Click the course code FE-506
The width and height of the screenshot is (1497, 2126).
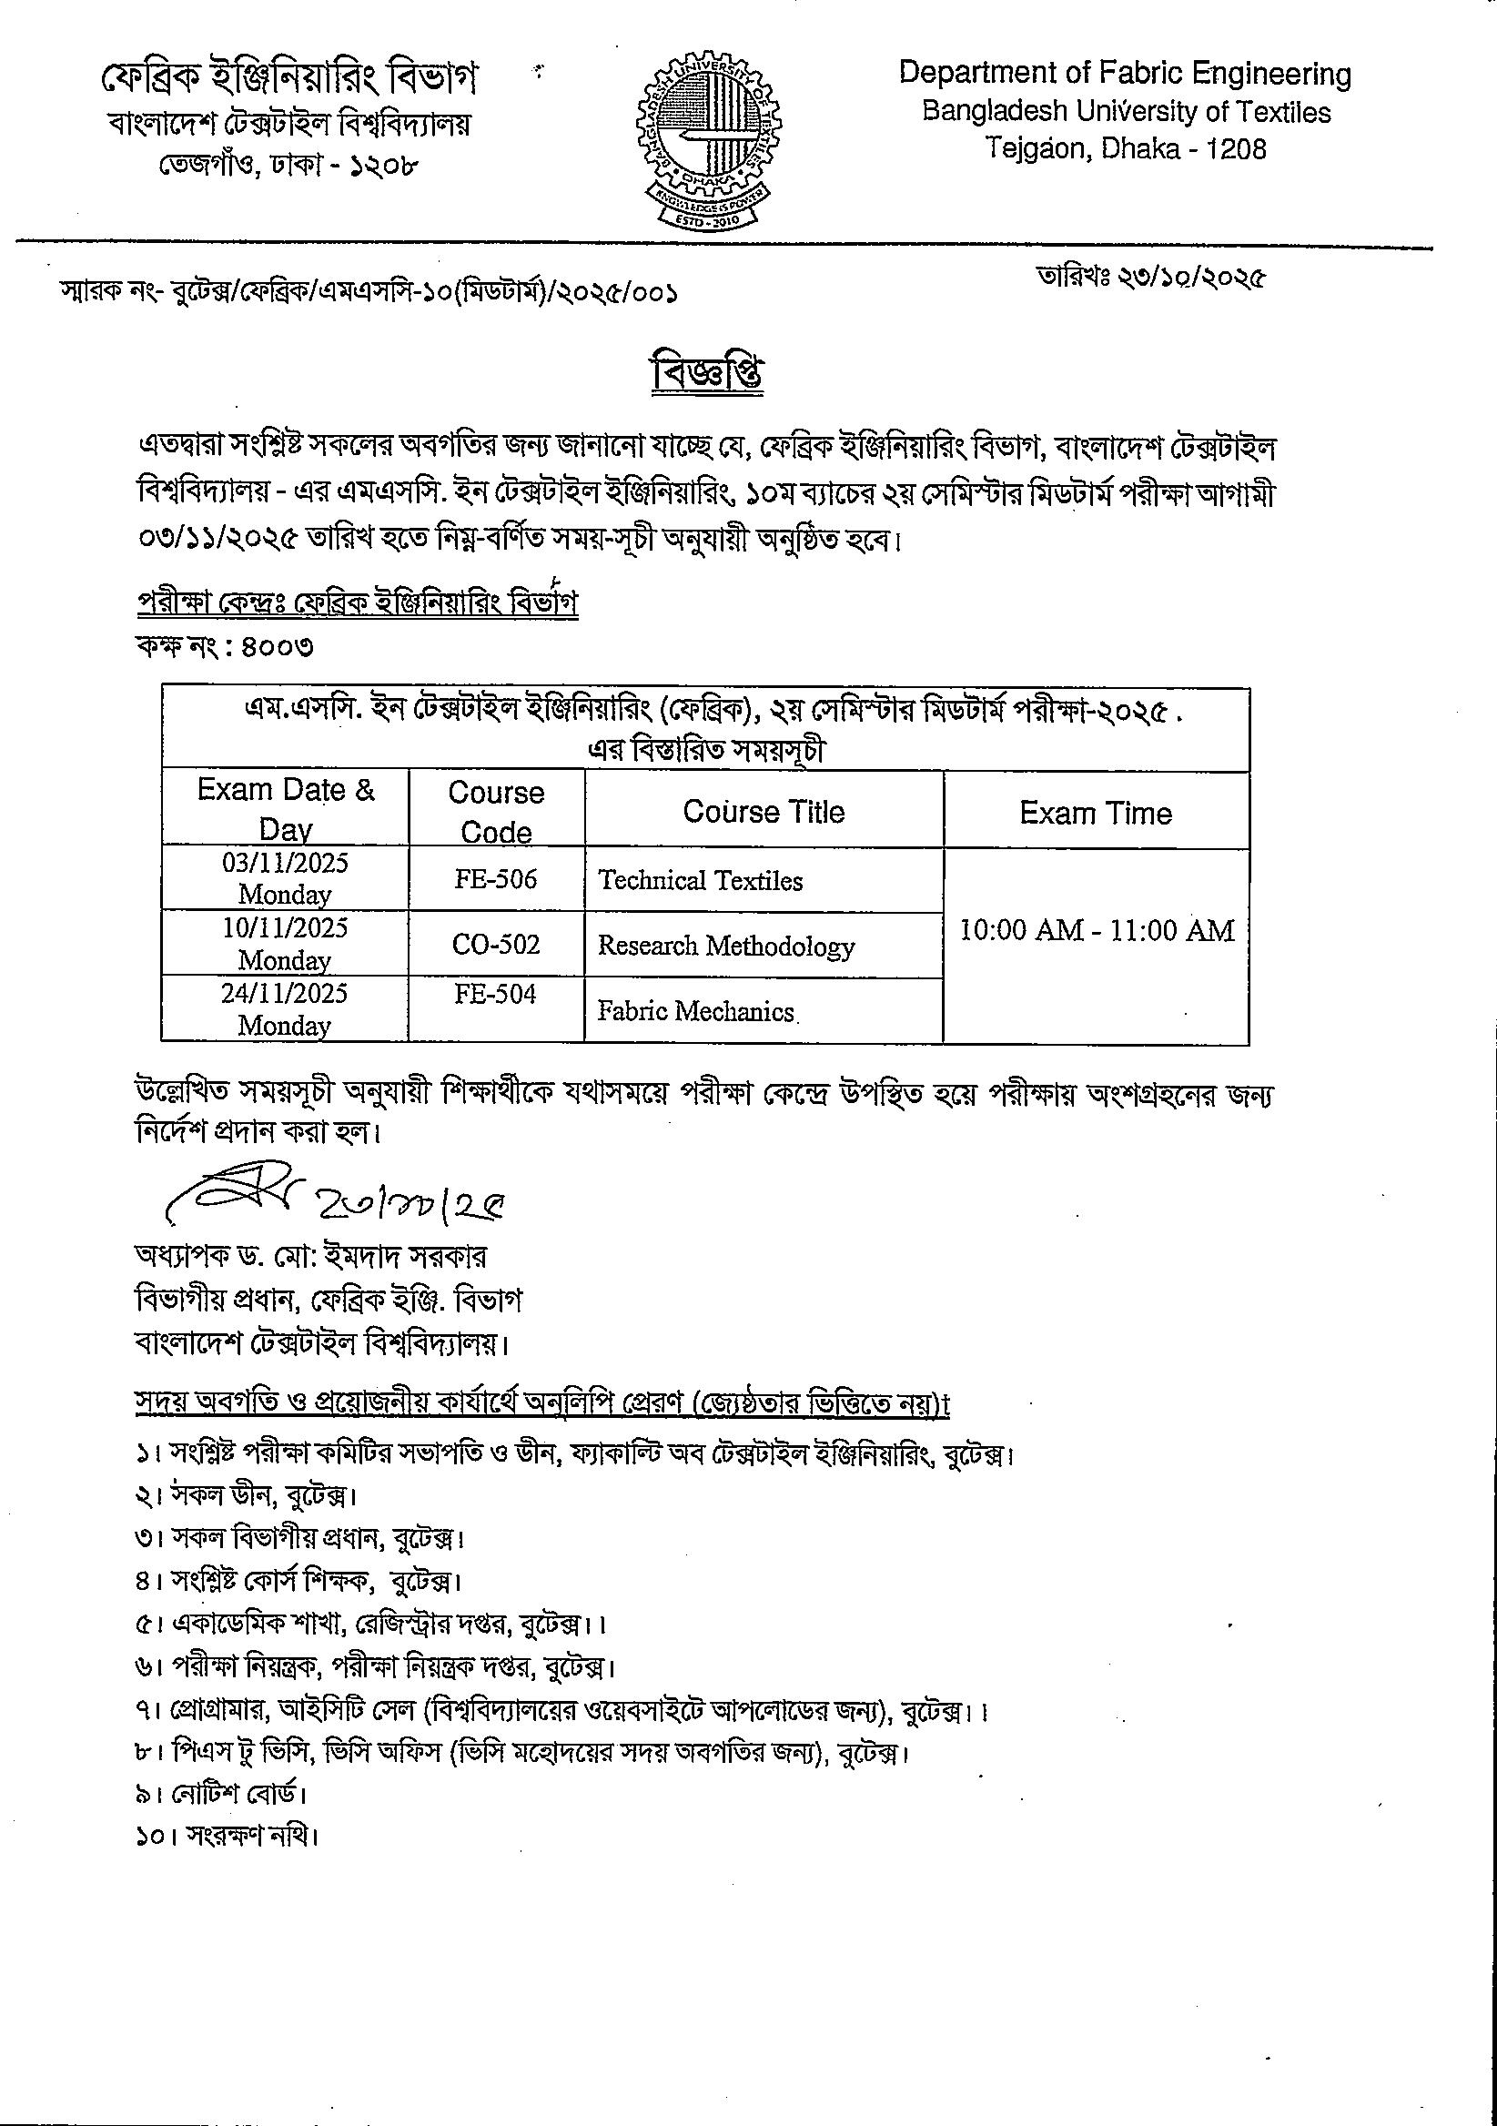coord(495,879)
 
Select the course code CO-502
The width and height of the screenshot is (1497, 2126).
coord(495,945)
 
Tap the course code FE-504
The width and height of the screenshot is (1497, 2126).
coord(495,995)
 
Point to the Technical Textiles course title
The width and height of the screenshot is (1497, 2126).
coord(700,881)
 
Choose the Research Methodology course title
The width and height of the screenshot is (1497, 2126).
coord(726,946)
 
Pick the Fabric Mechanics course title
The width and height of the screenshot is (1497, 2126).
coord(696,1011)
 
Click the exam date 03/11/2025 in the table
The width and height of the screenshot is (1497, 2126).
coord(285,864)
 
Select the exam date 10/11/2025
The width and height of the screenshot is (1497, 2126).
coord(285,928)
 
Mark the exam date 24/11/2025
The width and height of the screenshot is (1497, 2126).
coord(285,994)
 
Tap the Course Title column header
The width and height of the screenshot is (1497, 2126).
coord(764,812)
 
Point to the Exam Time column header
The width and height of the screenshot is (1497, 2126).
coord(1097,813)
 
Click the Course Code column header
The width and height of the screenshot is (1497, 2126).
coord(495,811)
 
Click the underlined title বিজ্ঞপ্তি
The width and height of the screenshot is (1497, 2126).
coord(708,374)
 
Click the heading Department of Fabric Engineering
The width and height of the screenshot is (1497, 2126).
coord(1125,74)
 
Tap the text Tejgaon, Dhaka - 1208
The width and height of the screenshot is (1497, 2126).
coord(1125,148)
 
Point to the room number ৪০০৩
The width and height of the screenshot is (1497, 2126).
coord(277,646)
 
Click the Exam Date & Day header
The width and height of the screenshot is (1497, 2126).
coord(285,808)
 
